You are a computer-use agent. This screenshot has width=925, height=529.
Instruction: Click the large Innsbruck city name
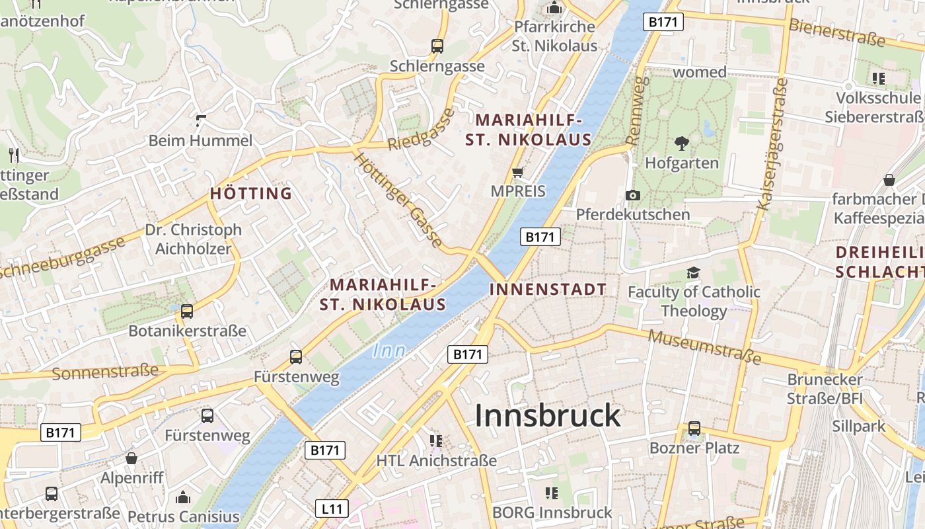pyautogui.click(x=548, y=416)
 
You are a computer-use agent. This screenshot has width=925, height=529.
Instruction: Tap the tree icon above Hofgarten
pyautogui.click(x=681, y=143)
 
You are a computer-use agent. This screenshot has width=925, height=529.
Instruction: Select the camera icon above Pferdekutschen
pyautogui.click(x=632, y=195)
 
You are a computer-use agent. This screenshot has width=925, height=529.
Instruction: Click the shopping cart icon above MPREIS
pyautogui.click(x=518, y=173)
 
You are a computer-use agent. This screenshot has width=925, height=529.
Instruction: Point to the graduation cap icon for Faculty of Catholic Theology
pyautogui.click(x=693, y=272)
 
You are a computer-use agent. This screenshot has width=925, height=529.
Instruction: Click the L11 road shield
pyautogui.click(x=331, y=509)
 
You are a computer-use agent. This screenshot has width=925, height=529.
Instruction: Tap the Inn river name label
pyautogui.click(x=389, y=351)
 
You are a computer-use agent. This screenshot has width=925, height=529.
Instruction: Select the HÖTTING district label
pyautogui.click(x=251, y=194)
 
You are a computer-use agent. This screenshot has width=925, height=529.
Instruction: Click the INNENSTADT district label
pyautogui.click(x=548, y=290)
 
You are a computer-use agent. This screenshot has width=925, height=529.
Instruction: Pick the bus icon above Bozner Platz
pyautogui.click(x=694, y=428)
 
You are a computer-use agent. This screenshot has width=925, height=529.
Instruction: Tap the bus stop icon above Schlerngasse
pyautogui.click(x=437, y=46)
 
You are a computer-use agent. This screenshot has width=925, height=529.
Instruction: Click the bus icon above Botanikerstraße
pyautogui.click(x=187, y=311)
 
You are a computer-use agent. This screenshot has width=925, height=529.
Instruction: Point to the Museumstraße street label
pyautogui.click(x=704, y=347)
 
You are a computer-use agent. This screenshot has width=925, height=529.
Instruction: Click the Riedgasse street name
pyautogui.click(x=422, y=130)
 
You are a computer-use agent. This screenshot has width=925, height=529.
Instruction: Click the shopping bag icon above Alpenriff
pyautogui.click(x=131, y=458)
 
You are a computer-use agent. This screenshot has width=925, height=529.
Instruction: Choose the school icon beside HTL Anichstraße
pyautogui.click(x=435, y=440)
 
